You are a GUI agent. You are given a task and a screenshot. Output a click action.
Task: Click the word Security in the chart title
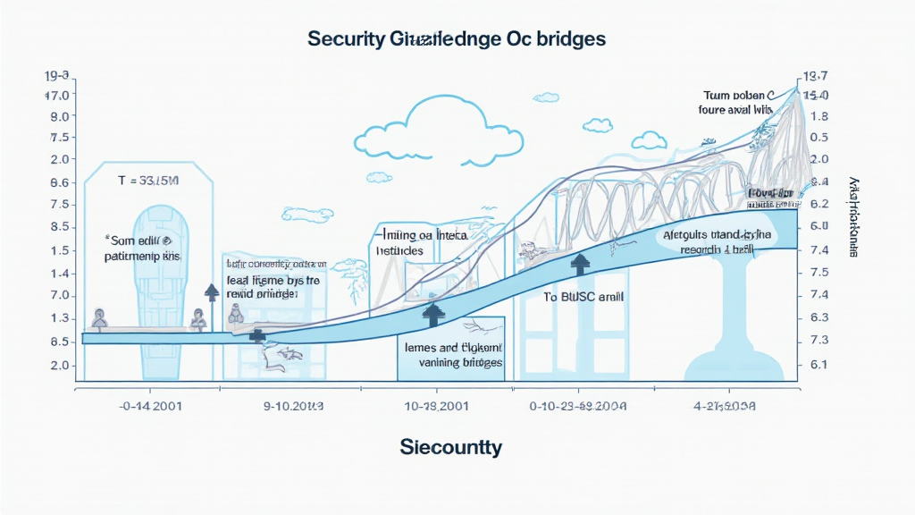click(x=344, y=39)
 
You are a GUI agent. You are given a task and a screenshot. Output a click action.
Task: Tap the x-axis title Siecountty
click(x=451, y=446)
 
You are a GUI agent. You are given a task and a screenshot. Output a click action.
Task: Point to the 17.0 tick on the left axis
click(x=60, y=95)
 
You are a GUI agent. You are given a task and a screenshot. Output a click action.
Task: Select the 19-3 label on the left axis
click(x=60, y=76)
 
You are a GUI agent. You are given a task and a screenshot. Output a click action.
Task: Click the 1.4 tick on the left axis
click(x=60, y=273)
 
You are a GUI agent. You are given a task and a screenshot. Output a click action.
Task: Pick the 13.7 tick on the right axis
click(x=817, y=76)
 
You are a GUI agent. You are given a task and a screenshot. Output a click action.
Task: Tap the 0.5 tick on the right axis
click(x=818, y=138)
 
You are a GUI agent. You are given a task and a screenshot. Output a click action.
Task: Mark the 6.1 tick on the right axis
click(x=818, y=364)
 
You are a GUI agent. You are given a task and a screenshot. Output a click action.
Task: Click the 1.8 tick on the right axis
click(x=818, y=116)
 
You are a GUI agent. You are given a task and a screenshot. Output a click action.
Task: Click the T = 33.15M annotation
click(x=149, y=181)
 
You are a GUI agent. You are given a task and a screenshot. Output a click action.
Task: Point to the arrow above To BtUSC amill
click(x=581, y=263)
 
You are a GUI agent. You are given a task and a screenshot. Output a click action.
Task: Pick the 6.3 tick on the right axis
click(x=818, y=317)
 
